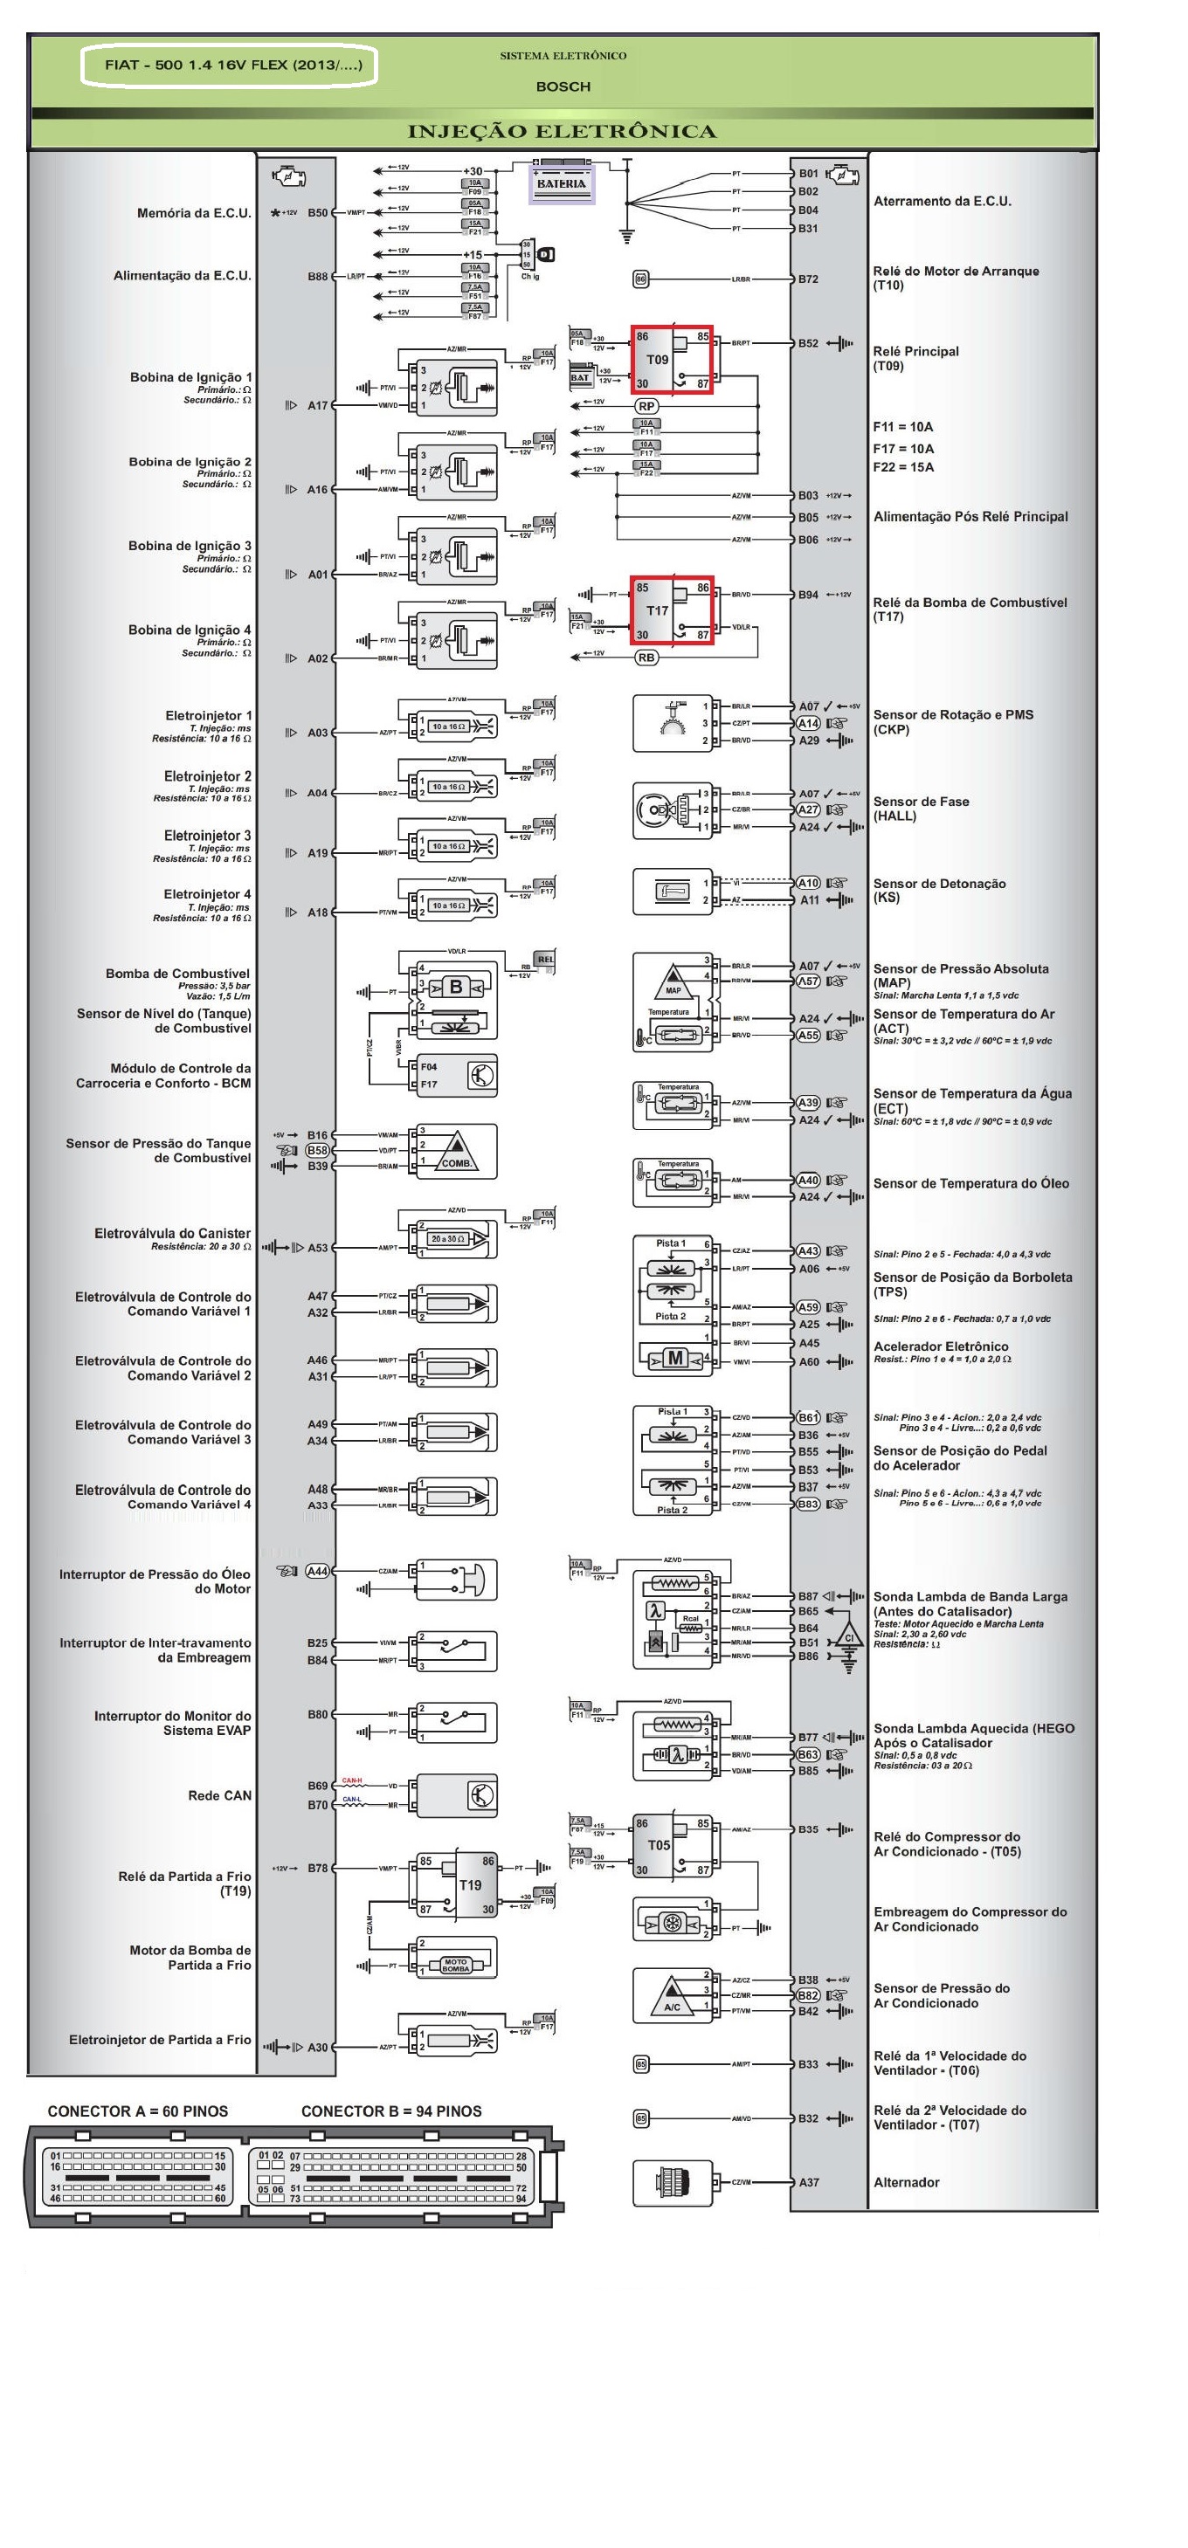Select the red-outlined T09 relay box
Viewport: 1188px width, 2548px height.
click(x=673, y=359)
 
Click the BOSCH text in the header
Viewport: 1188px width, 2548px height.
click(x=563, y=87)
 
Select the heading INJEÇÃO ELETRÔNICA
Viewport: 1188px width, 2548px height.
click(x=562, y=132)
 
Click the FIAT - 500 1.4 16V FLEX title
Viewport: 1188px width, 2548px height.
click(x=233, y=65)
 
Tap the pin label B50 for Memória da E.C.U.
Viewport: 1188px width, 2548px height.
click(x=316, y=213)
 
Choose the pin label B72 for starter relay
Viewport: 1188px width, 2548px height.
click(x=808, y=279)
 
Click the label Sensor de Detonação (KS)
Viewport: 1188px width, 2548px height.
click(x=939, y=890)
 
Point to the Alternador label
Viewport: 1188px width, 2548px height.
click(x=906, y=2182)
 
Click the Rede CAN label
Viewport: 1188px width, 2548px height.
click(x=219, y=1795)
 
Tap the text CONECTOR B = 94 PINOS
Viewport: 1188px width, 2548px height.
click(x=391, y=2111)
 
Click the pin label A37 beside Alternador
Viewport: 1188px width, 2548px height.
click(x=808, y=2182)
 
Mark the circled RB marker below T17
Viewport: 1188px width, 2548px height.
click(x=646, y=658)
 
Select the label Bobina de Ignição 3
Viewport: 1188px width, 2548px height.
click(x=190, y=546)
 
